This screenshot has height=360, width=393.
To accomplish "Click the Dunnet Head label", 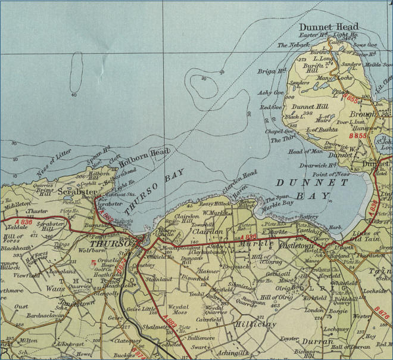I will pos(329,27).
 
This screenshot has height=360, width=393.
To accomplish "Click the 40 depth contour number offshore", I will pos(74,94).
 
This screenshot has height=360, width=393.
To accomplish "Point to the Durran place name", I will pos(316,342).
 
